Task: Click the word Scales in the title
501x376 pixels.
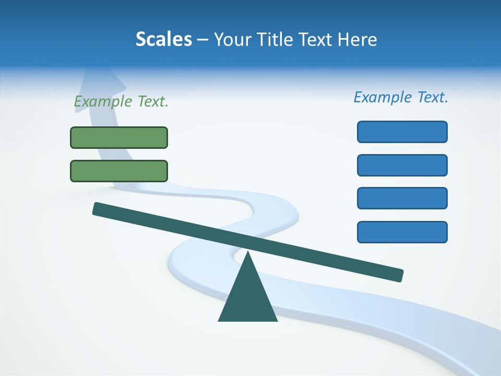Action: coord(163,40)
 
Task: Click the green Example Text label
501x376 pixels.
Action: coord(121,102)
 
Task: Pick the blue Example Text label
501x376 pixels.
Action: coord(401,97)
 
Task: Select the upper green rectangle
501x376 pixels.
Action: coord(119,137)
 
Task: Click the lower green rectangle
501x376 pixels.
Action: coord(119,171)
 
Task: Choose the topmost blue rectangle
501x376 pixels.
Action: coord(402,132)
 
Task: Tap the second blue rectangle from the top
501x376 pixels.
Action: coord(402,165)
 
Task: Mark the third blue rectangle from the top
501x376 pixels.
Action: coord(402,198)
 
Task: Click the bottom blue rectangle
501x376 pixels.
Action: coord(402,232)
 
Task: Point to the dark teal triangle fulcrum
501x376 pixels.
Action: coord(247,298)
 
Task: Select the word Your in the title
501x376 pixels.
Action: coord(231,40)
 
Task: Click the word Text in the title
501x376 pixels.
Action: coord(317,40)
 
